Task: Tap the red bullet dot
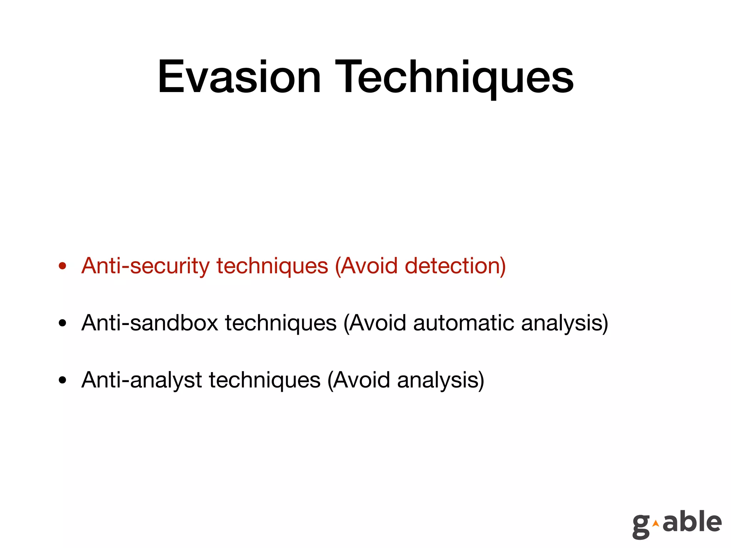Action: (63, 266)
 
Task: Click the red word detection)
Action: (455, 266)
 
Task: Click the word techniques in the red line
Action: (272, 266)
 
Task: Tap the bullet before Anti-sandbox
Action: (63, 323)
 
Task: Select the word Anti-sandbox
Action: (150, 323)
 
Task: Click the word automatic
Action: (464, 323)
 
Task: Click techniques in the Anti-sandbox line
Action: (281, 323)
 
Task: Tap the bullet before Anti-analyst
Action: (63, 380)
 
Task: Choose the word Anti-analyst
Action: (142, 380)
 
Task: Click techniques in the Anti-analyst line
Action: (264, 380)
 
